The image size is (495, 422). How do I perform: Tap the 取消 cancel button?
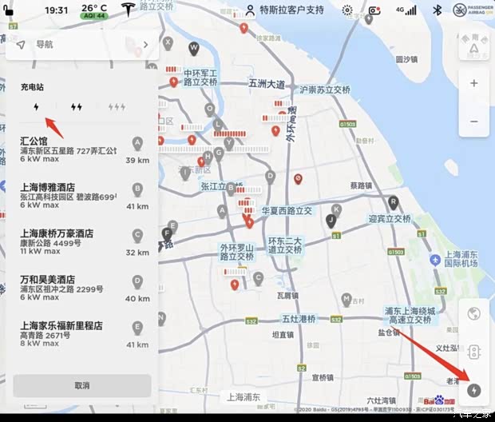tap(81, 385)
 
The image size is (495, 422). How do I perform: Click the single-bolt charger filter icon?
tap(36, 106)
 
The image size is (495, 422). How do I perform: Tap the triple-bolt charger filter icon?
tap(117, 106)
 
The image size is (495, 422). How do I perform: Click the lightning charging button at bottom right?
tap(475, 390)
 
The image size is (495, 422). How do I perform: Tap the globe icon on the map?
tap(474, 313)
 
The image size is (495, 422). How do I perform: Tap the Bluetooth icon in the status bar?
tap(438, 10)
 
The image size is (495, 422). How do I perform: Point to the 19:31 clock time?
tap(56, 10)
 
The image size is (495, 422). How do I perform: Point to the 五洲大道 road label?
tap(267, 83)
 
